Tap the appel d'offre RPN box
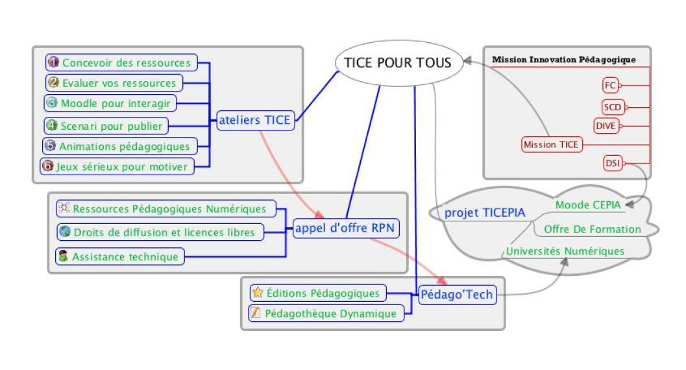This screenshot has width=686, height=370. (x=346, y=228)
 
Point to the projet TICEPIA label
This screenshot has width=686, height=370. (x=484, y=213)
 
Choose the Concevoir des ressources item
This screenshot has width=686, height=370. (x=121, y=63)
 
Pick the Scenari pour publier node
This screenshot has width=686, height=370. (x=105, y=125)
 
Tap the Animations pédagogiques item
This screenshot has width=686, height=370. (x=119, y=146)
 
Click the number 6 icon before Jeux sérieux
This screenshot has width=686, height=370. (x=47, y=166)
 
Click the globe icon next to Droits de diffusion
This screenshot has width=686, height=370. (x=64, y=232)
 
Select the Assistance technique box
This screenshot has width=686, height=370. (x=119, y=256)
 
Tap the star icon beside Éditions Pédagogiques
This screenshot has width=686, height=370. (x=258, y=293)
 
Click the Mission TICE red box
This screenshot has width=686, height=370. (x=551, y=145)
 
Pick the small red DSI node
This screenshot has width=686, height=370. (x=612, y=164)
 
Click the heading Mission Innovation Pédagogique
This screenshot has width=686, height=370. (x=563, y=60)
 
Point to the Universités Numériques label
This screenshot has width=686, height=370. (x=565, y=251)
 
